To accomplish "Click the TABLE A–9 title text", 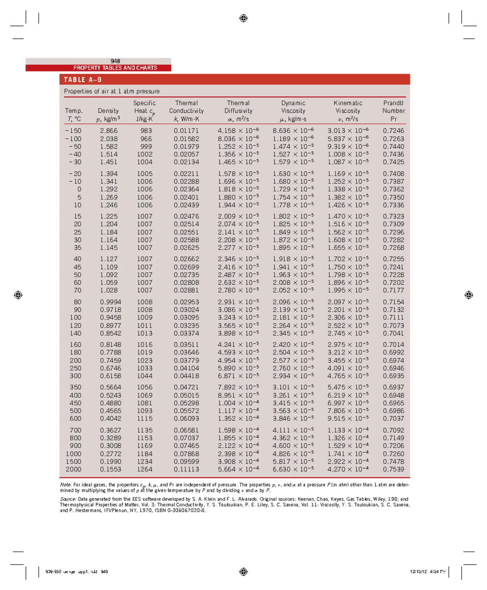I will pyautogui.click(x=82, y=80).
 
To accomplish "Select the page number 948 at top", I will pyautogui.click(x=115, y=61).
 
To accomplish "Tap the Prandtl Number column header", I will pyautogui.click(x=393, y=111).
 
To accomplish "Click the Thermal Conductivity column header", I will pyautogui.click(x=186, y=111).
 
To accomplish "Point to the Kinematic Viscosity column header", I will pyautogui.click(x=348, y=111).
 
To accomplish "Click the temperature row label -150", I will pyautogui.click(x=73, y=131).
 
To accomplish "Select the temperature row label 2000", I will pyautogui.click(x=73, y=469).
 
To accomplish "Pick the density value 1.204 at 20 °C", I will pyautogui.click(x=109, y=224).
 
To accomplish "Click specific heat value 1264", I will pyautogui.click(x=144, y=469).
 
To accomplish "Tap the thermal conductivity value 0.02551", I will pyautogui.click(x=186, y=232).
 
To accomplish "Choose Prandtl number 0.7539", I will pyautogui.click(x=393, y=469).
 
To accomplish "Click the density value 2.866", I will pyautogui.click(x=109, y=131).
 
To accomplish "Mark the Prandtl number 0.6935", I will pyautogui.click(x=393, y=376).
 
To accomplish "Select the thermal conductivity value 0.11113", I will pyautogui.click(x=186, y=469).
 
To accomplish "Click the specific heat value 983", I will pyautogui.click(x=146, y=131).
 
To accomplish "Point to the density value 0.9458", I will pyautogui.click(x=110, y=318).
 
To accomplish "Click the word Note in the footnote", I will pyautogui.click(x=65, y=485).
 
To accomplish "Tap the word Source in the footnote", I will pyautogui.click(x=68, y=499).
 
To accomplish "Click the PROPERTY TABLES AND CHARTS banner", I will pyautogui.click(x=115, y=68).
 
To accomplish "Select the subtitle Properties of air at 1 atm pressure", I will pyautogui.click(x=112, y=91).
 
